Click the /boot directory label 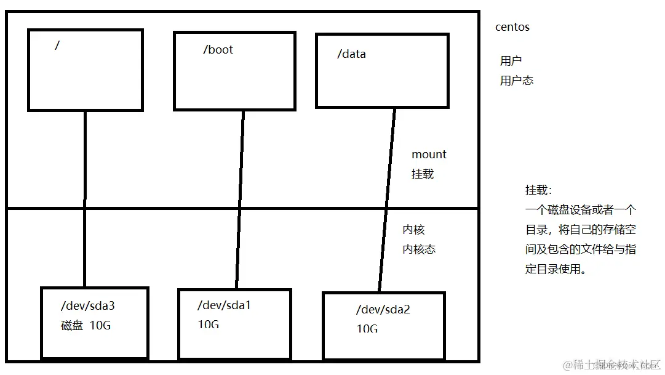(x=218, y=50)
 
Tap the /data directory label (x=351, y=54)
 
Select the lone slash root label (x=57, y=45)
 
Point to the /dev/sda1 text (x=224, y=305)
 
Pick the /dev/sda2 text (x=383, y=309)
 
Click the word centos (x=512, y=27)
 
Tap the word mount (x=429, y=154)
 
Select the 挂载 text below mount (x=423, y=174)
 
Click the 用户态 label (x=517, y=81)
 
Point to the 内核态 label (x=420, y=249)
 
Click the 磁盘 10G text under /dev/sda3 (x=86, y=326)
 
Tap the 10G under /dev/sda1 (x=209, y=324)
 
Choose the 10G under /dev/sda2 (x=367, y=329)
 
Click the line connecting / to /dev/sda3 (x=85, y=197)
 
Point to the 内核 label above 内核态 (x=413, y=230)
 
